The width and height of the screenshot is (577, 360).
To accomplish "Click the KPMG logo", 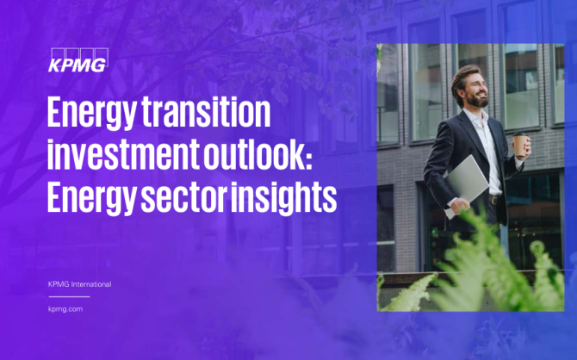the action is click(78, 60).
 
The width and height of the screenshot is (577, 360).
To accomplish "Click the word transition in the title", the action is click(206, 112).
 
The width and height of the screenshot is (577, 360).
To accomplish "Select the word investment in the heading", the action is click(124, 153).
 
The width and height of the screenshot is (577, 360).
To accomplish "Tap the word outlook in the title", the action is click(254, 153).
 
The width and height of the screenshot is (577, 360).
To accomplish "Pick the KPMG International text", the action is click(79, 284).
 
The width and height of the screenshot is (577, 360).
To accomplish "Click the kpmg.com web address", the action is click(65, 309).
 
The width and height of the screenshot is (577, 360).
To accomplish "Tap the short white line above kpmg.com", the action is click(69, 296).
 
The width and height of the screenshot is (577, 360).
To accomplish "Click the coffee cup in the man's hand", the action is click(520, 145).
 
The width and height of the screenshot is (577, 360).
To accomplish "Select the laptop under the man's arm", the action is click(466, 185).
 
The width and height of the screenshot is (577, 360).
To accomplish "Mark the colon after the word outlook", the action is click(309, 159).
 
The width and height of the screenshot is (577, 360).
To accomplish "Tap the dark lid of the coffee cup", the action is click(519, 134).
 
